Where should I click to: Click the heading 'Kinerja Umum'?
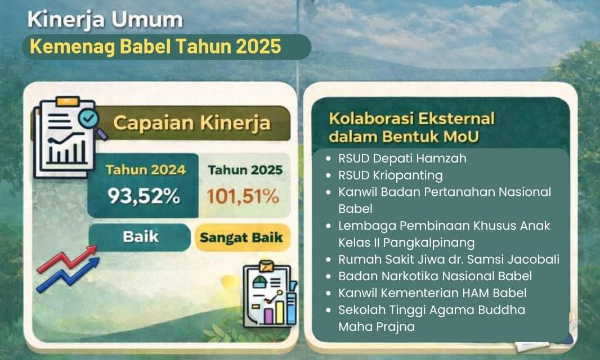pyautogui.click(x=105, y=20)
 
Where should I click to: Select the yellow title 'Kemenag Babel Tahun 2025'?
pyautogui.click(x=155, y=47)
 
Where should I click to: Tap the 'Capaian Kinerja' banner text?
pyautogui.click(x=191, y=123)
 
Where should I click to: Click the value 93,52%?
pyautogui.click(x=144, y=196)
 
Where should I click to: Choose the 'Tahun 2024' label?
pyautogui.click(x=145, y=169)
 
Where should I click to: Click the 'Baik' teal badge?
pyautogui.click(x=139, y=237)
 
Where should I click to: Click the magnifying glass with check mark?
pyautogui.click(x=90, y=120)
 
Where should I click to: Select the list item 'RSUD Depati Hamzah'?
pyautogui.click(x=402, y=159)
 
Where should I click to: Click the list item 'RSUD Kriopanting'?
pyautogui.click(x=390, y=175)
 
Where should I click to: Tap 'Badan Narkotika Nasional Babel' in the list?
pyautogui.click(x=435, y=276)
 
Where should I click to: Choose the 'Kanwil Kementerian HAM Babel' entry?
pyautogui.click(x=432, y=293)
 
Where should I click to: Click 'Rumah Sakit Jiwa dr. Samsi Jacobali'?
pyautogui.click(x=449, y=259)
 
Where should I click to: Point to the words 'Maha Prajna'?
pyautogui.click(x=376, y=326)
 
